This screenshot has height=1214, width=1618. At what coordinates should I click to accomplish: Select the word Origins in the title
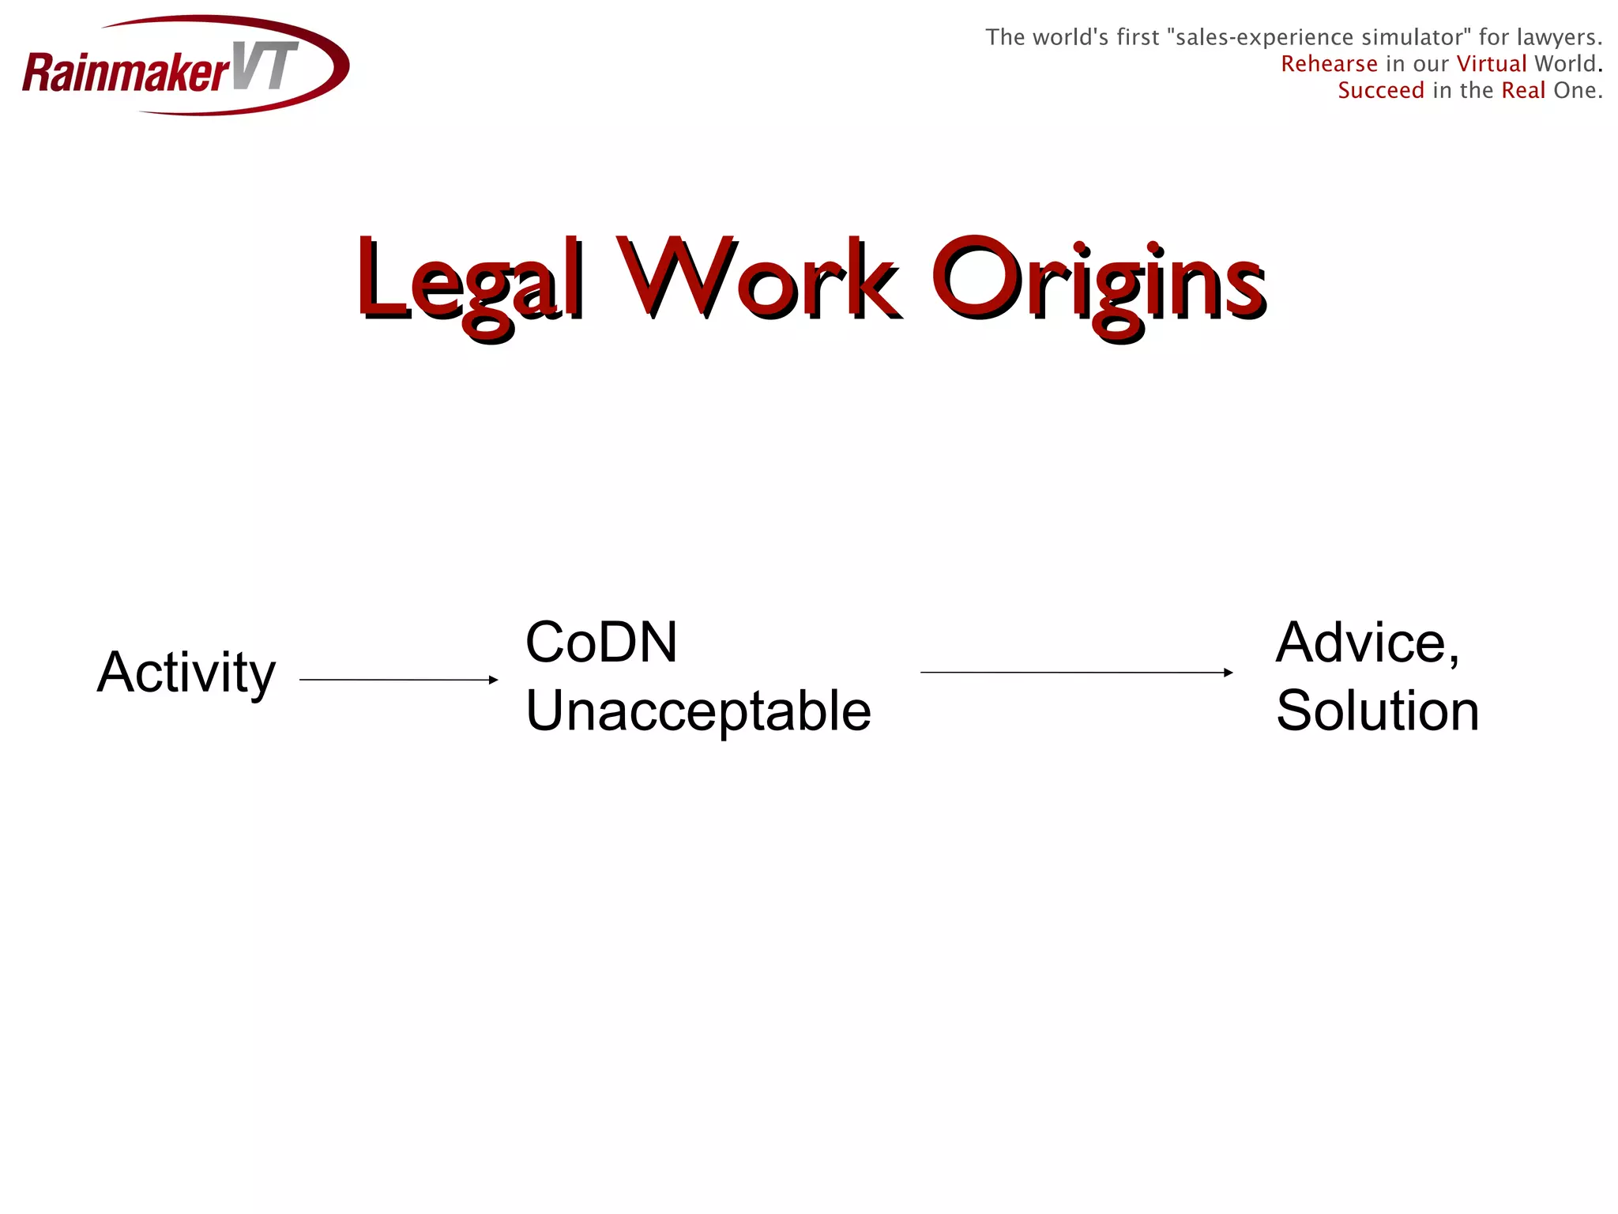(1098, 283)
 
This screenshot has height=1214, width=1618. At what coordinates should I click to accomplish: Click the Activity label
(186, 673)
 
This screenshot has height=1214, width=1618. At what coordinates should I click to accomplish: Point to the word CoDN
(601, 642)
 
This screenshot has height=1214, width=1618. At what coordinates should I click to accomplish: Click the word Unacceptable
(698, 711)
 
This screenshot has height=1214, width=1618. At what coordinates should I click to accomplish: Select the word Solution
(1377, 711)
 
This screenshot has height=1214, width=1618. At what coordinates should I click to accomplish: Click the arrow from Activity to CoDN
(395, 680)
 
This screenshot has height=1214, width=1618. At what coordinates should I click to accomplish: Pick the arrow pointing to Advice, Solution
(1074, 673)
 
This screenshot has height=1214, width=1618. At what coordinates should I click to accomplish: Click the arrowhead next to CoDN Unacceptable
(494, 680)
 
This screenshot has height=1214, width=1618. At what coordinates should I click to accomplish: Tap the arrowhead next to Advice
(1228, 673)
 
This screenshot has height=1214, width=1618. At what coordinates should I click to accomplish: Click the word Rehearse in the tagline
(1329, 64)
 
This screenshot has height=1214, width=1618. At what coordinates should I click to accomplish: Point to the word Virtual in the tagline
(1492, 64)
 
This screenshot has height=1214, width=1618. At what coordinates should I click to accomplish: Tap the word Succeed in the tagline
(1381, 91)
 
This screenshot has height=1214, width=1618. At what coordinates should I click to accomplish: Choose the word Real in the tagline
(1523, 91)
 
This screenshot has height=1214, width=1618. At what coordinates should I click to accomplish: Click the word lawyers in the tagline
(1558, 37)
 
